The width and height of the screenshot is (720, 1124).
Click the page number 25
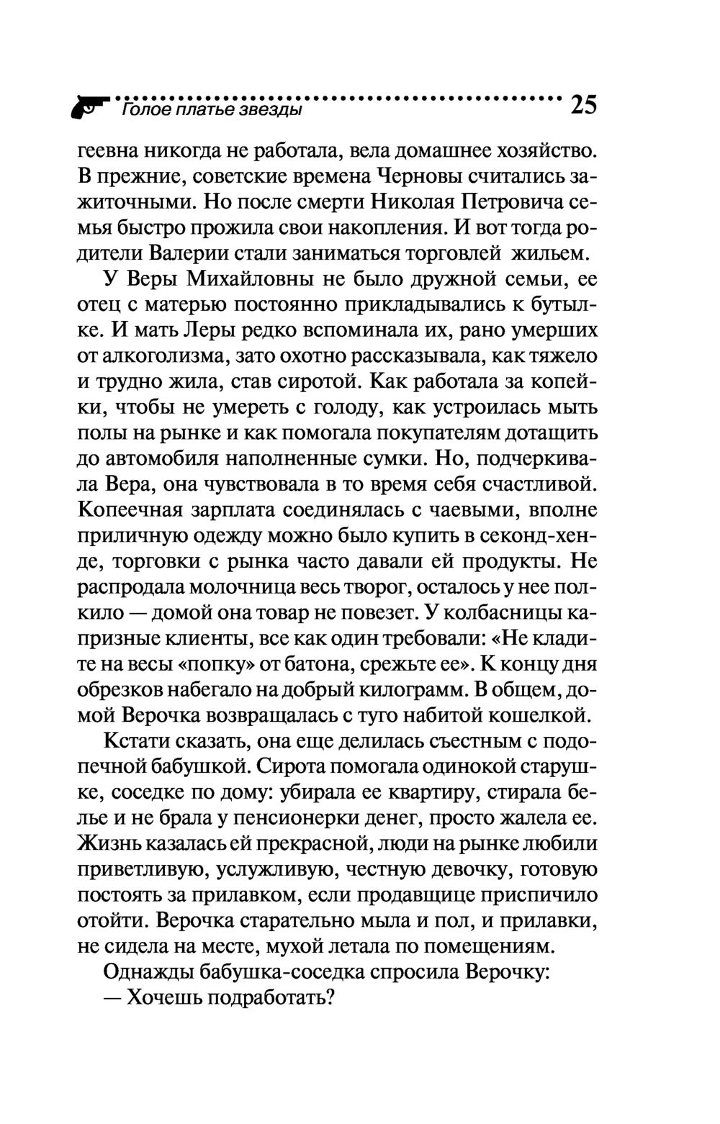point(582,105)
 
